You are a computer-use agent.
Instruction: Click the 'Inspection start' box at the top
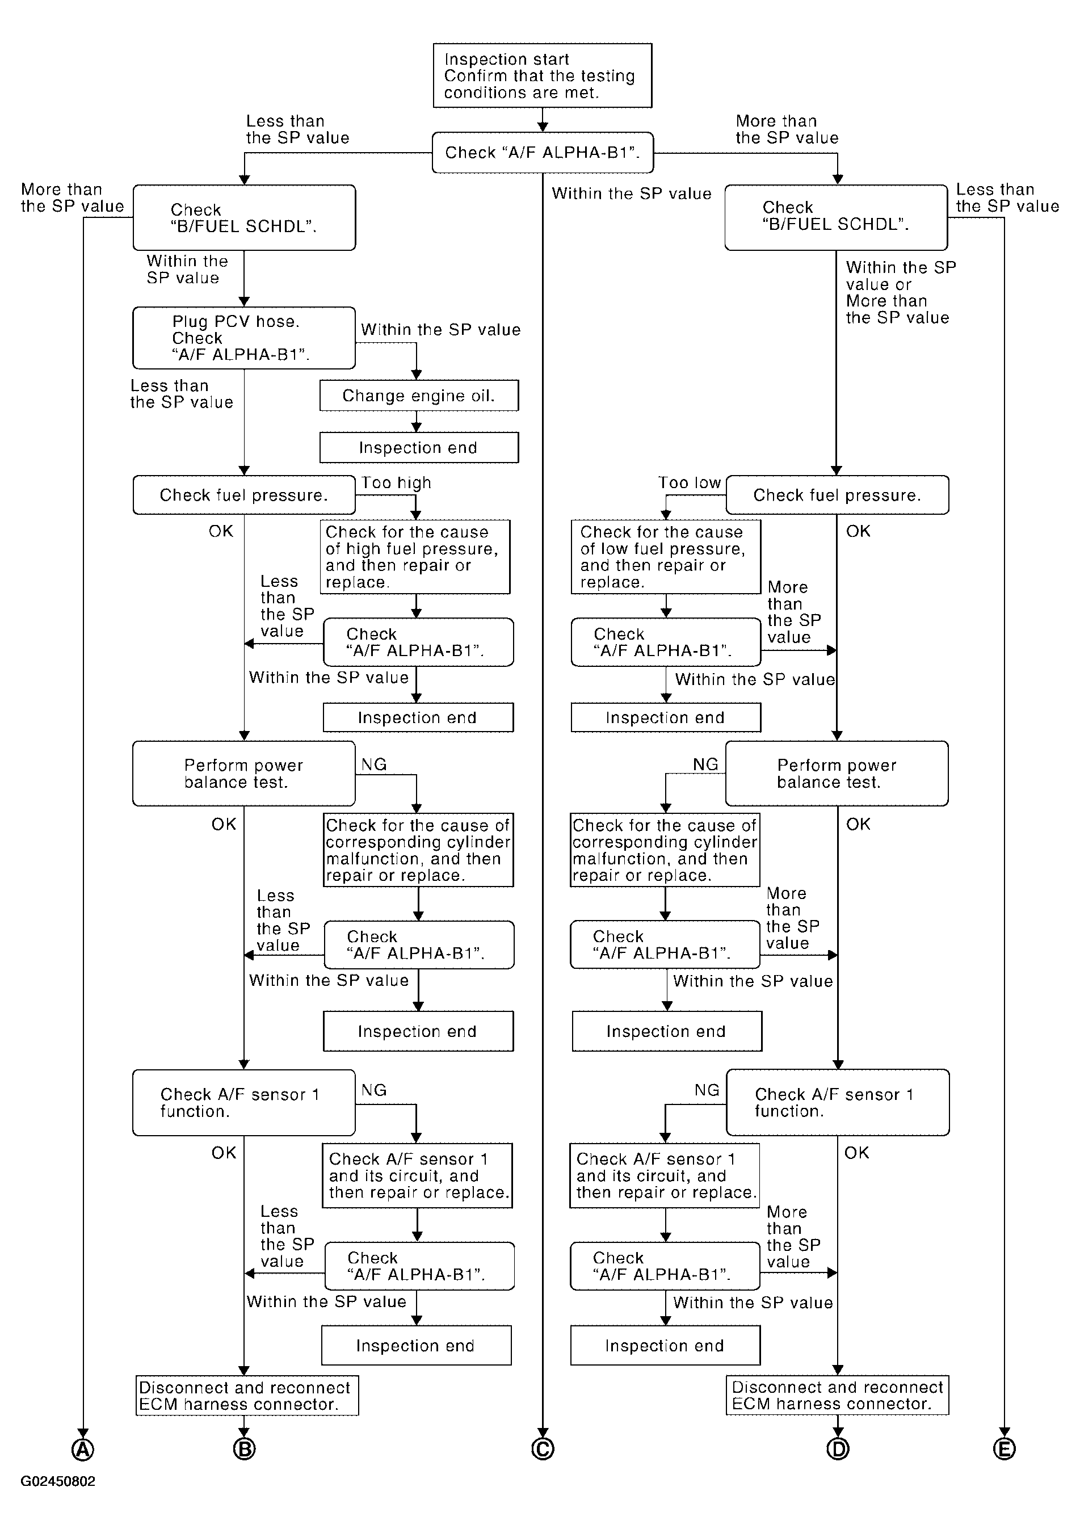pos(542,75)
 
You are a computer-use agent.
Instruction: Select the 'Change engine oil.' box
pos(419,396)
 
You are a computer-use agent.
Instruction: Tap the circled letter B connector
pos(245,1449)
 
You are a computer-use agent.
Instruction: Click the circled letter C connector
pos(543,1449)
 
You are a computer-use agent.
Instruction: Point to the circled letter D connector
pos(838,1449)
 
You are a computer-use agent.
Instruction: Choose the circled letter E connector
pos(1004,1449)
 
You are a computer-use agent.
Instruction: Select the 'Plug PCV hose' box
pos(243,338)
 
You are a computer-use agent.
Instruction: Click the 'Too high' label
pos(396,483)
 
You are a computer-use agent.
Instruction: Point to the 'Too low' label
pos(690,483)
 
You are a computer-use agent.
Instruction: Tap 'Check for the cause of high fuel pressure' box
pos(416,557)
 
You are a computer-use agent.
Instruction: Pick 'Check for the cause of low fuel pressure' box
pos(666,557)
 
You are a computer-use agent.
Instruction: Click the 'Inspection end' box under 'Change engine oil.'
pos(419,447)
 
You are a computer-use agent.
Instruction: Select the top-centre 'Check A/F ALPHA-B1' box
pos(543,153)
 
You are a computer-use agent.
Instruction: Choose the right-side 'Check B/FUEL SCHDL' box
pos(835,217)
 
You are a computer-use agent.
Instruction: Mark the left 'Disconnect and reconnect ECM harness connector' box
pos(247,1396)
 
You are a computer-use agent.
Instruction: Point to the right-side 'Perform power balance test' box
pos(837,773)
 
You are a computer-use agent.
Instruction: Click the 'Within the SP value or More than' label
pos(901,292)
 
